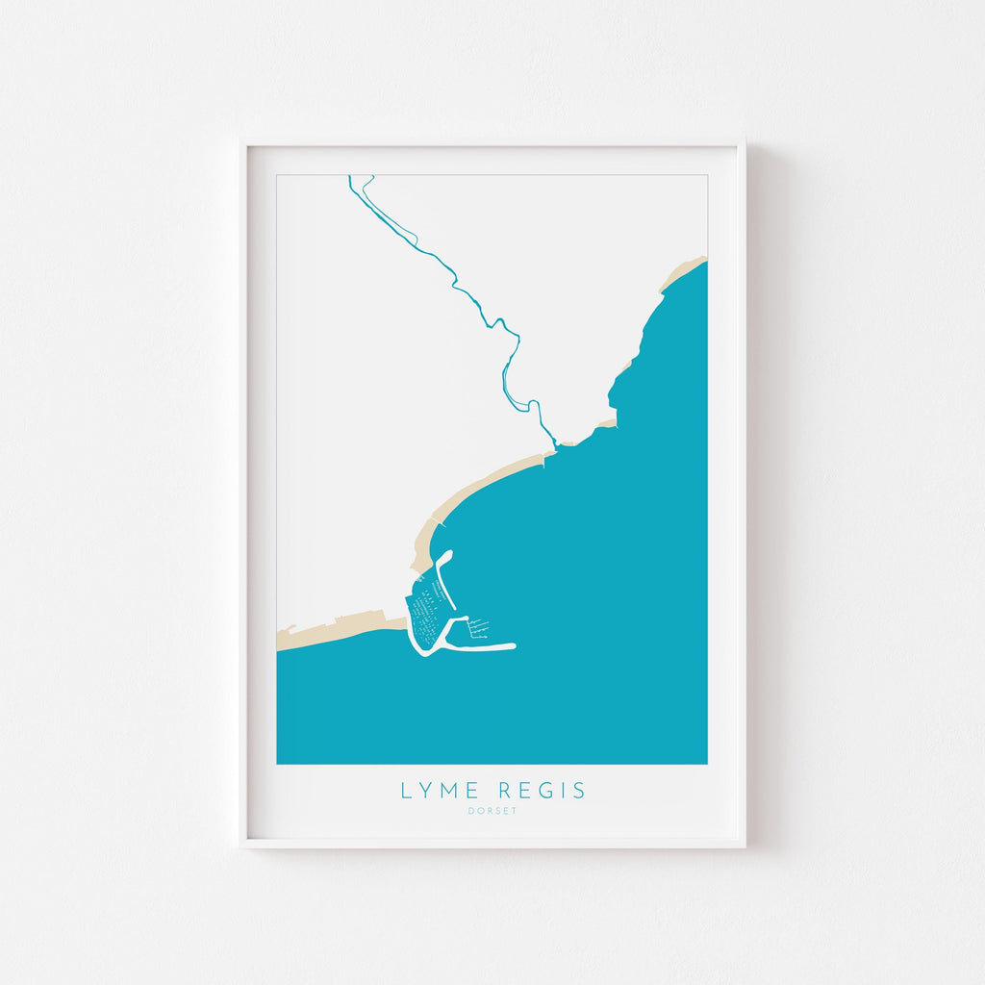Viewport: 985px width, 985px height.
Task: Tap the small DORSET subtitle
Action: [492, 811]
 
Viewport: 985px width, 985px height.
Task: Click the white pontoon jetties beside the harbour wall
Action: [478, 628]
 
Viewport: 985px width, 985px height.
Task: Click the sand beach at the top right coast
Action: [682, 273]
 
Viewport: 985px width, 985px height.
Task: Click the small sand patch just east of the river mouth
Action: [604, 422]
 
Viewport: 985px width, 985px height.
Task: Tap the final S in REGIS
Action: [579, 791]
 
